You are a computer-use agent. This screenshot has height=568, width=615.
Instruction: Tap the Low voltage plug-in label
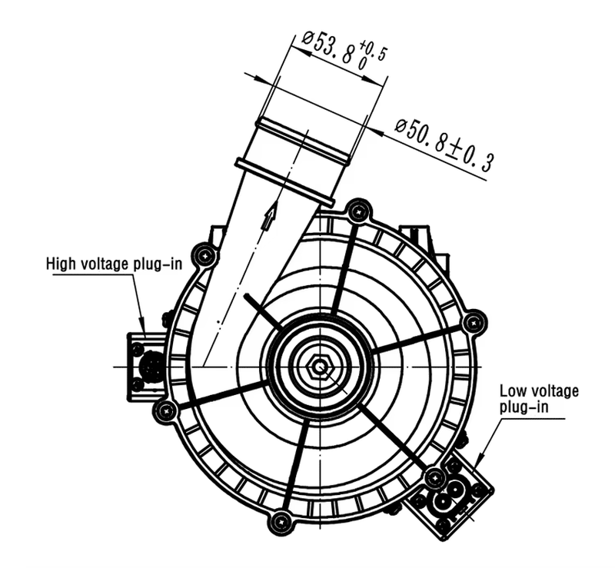(538, 399)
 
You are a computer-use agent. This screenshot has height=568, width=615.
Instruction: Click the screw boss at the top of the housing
(357, 211)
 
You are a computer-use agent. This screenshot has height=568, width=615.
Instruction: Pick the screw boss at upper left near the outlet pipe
(204, 254)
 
